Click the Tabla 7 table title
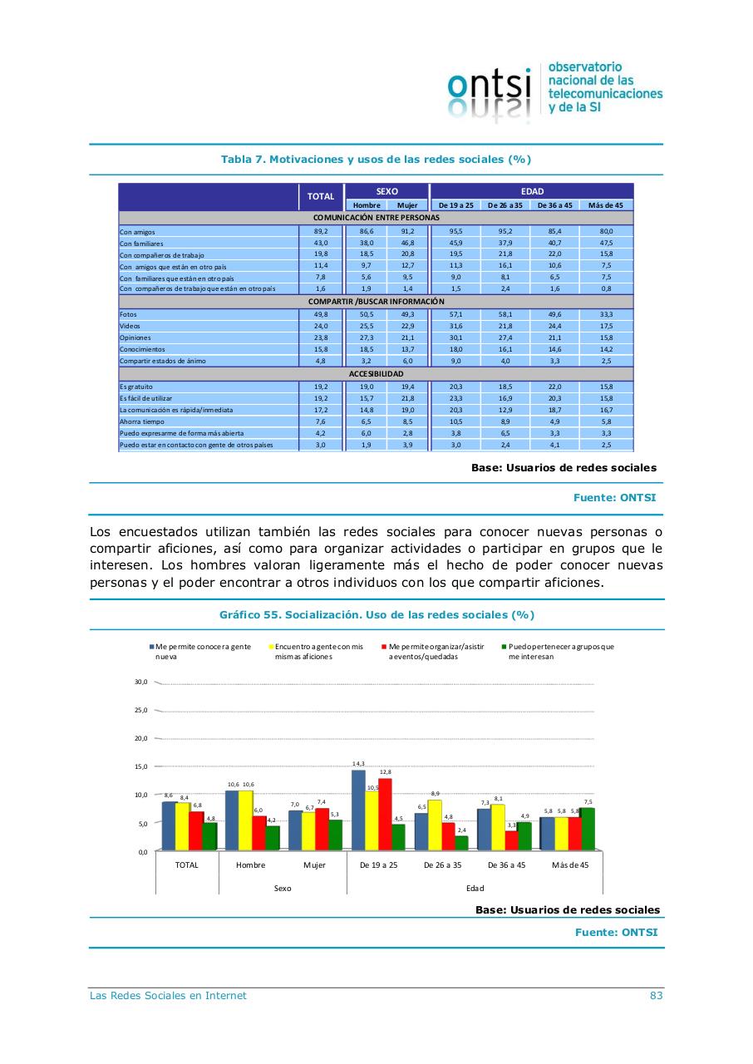coord(376,160)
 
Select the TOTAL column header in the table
coord(321,197)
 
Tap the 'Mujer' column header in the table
coord(407,205)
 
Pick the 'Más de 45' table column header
coord(606,205)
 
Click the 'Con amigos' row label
coord(138,232)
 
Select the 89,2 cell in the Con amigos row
coord(321,231)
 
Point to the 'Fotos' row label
coord(128,315)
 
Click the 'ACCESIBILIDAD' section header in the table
coord(376,374)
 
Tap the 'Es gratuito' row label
coord(136,387)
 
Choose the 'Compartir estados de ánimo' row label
coord(163,362)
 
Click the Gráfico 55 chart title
coord(376,615)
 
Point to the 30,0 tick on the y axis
coord(140,682)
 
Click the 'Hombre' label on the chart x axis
coord(250,865)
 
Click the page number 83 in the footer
coord(656,996)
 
